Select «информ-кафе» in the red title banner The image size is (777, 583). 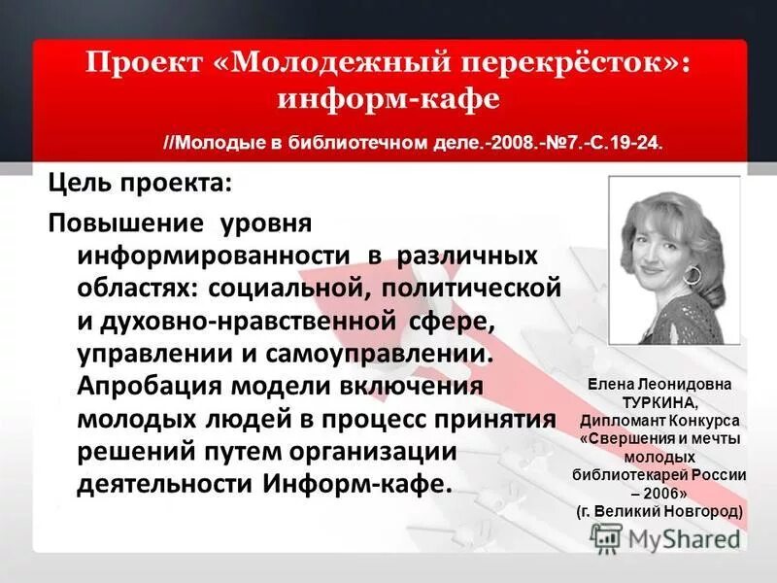tap(388, 99)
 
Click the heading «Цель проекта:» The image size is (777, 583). tap(141, 183)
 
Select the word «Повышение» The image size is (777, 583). tap(126, 223)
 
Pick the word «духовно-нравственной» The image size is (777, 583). tap(254, 321)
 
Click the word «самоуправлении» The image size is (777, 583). tap(383, 353)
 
